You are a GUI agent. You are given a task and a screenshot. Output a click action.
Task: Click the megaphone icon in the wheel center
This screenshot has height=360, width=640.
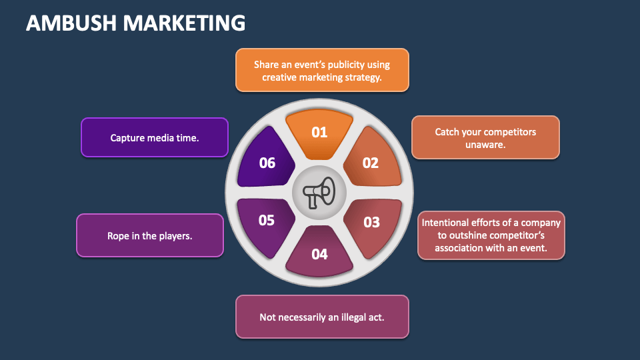[319, 193]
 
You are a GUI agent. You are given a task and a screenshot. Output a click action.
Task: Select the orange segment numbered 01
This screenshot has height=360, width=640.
[319, 133]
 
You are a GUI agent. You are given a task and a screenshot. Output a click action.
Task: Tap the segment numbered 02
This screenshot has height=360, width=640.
[371, 162]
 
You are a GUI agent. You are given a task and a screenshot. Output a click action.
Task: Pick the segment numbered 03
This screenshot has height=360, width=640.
[371, 223]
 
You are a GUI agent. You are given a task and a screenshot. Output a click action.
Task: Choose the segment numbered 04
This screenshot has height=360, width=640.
[319, 253]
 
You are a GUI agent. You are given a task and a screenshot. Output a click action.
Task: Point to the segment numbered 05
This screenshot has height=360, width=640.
[267, 220]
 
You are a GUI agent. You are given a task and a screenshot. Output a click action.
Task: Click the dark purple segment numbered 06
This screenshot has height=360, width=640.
[267, 162]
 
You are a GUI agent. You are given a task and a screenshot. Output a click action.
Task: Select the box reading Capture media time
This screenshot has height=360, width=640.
[155, 138]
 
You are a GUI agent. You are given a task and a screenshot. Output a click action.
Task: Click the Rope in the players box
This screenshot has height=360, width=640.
[150, 235]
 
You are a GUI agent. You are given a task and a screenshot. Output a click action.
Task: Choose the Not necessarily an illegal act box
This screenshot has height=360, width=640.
[322, 317]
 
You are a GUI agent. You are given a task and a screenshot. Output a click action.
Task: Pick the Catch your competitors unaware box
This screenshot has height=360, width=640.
[485, 138]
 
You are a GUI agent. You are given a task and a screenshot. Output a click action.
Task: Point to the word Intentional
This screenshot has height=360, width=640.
[445, 222]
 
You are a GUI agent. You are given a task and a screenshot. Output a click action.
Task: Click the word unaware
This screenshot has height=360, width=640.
[485, 144]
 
